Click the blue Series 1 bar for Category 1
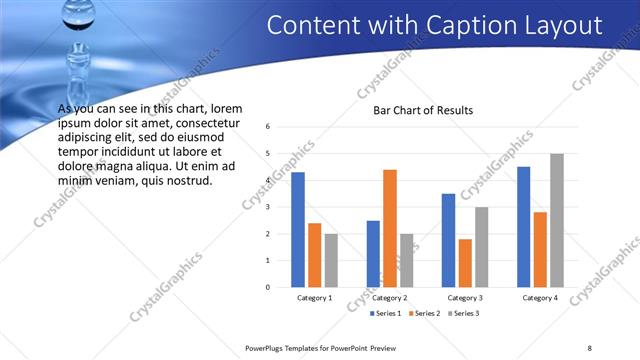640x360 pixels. (297, 230)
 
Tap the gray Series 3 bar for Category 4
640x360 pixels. (556, 220)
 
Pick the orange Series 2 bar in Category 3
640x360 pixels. (465, 263)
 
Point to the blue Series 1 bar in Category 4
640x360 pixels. (524, 226)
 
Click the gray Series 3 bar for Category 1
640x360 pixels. (331, 260)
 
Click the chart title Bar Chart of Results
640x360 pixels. (423, 110)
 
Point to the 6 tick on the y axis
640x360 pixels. (268, 127)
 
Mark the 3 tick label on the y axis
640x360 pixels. (268, 207)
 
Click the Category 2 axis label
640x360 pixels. (389, 298)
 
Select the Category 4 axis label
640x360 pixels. (540, 298)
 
